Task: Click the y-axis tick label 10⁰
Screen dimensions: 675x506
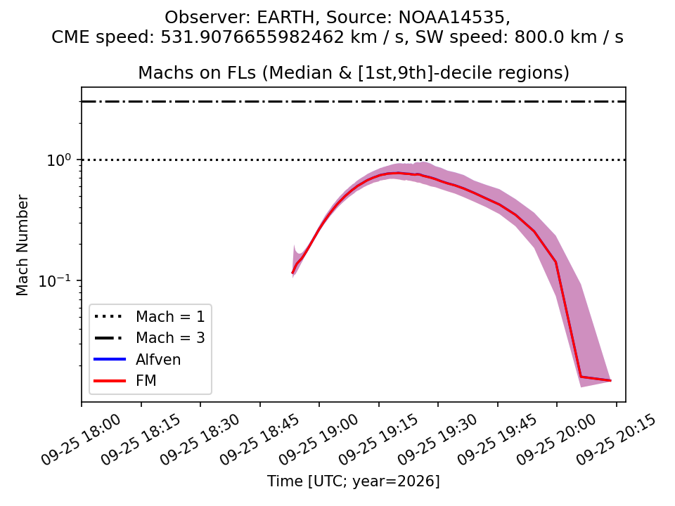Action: coord(58,160)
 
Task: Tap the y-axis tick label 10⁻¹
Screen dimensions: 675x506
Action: coord(54,280)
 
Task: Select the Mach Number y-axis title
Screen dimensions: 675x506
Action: coord(22,245)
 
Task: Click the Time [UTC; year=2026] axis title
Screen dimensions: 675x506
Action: coord(354,481)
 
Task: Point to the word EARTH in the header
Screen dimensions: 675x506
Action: coord(286,18)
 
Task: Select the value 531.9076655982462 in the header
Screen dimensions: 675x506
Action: coord(252,37)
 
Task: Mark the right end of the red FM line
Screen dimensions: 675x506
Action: coord(611,381)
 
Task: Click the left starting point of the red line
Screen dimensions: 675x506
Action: coord(292,273)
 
